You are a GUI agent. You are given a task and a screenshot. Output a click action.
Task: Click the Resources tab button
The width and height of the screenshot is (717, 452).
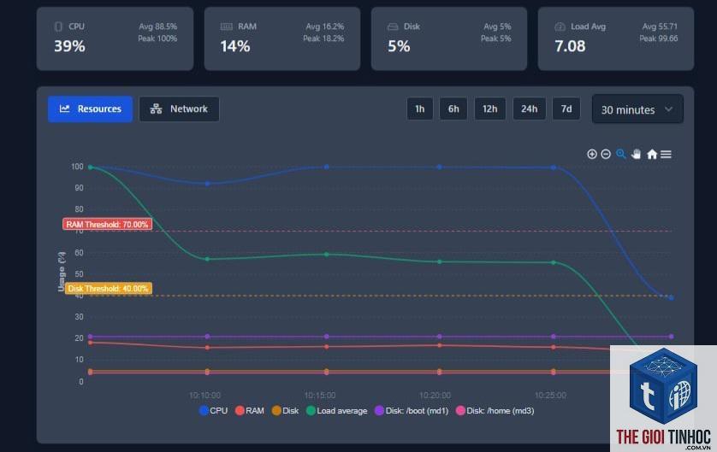90,109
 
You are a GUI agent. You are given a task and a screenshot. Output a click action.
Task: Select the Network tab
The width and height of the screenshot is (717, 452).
180,109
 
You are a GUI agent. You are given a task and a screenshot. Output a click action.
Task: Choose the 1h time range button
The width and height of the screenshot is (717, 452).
420,109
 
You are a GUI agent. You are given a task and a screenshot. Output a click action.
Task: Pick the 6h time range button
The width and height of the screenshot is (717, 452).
453,109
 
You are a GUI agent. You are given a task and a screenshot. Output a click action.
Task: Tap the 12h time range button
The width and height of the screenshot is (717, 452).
489,109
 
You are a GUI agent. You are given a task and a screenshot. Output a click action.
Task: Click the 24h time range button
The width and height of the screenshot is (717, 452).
529,109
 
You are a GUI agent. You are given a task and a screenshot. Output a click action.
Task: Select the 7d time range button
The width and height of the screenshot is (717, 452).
566,109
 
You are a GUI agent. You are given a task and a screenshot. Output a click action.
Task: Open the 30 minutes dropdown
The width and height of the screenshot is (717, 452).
637,109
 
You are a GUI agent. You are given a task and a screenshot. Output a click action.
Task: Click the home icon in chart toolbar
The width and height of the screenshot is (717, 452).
652,155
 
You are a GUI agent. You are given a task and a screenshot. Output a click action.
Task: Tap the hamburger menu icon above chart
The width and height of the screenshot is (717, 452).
667,155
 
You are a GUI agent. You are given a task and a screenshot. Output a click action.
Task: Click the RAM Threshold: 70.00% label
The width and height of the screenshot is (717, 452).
108,224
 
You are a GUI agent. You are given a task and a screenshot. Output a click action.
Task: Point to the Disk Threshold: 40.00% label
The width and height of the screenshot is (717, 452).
109,289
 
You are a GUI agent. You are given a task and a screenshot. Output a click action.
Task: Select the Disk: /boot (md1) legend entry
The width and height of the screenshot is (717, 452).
412,410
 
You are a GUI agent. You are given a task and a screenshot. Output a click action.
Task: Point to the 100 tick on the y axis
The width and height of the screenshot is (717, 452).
77,167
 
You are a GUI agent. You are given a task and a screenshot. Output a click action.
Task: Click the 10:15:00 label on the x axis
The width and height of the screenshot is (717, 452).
320,395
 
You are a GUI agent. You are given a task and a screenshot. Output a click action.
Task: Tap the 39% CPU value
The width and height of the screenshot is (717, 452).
69,46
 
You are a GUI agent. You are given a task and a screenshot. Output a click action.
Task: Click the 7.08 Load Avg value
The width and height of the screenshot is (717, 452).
570,46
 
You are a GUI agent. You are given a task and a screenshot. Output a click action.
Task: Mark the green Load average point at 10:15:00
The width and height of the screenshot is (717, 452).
327,255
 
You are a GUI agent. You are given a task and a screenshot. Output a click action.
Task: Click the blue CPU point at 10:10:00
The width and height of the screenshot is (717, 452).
207,184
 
